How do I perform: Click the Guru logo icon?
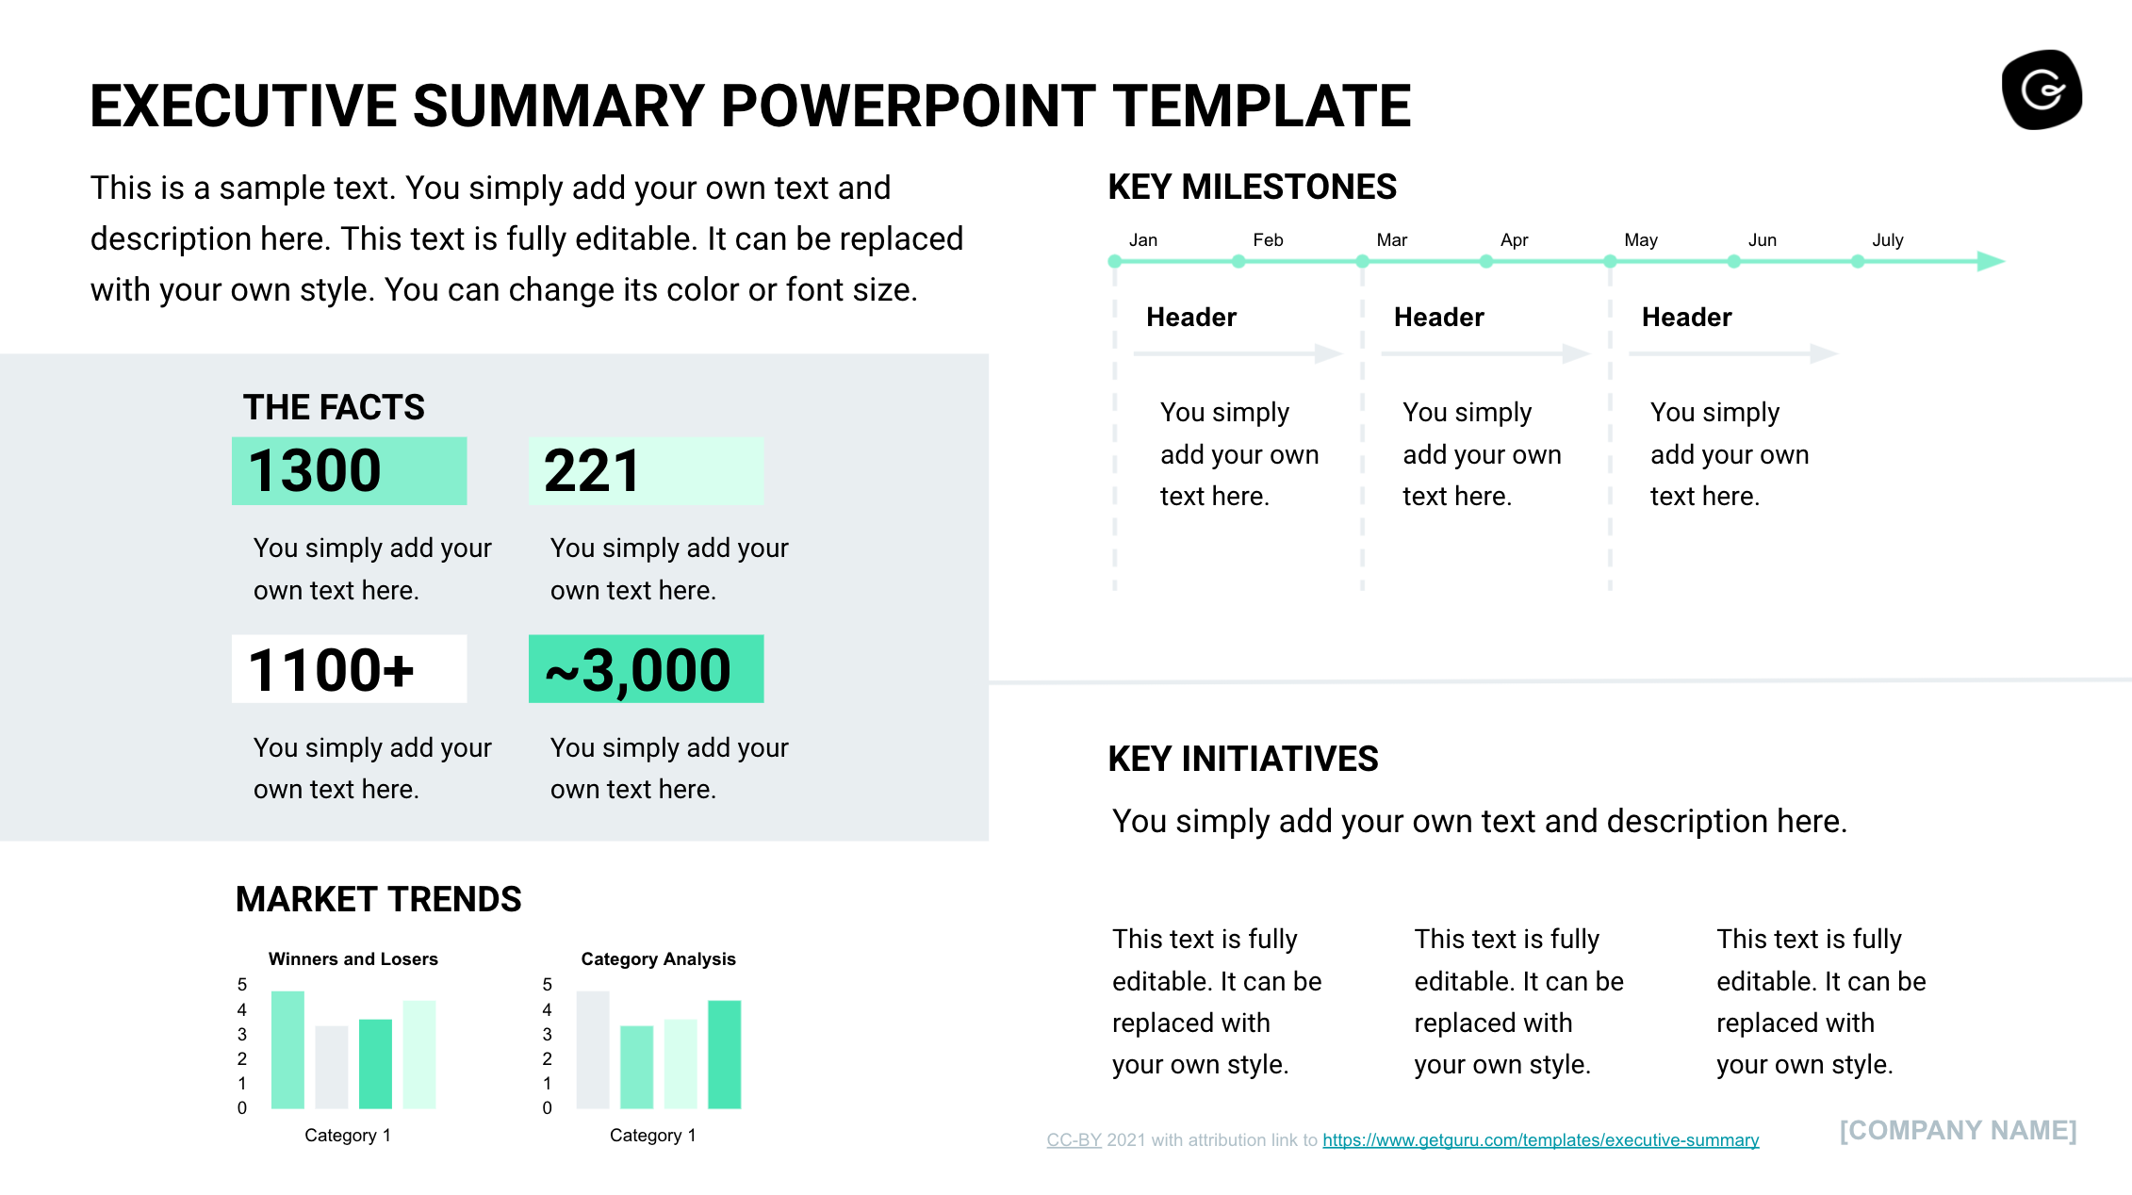[x=2042, y=90]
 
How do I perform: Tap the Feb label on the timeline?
[x=1268, y=240]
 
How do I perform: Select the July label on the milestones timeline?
[x=1887, y=240]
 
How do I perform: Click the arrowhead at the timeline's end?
[x=1990, y=261]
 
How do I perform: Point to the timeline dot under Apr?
[x=1486, y=262]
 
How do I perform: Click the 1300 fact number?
[x=315, y=471]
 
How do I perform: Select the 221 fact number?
[x=592, y=471]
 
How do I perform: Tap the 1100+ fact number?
[x=331, y=670]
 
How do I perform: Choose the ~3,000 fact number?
[x=638, y=670]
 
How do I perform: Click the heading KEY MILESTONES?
[x=1252, y=188]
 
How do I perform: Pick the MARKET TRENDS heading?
[x=378, y=900]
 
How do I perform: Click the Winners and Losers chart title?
[x=353, y=959]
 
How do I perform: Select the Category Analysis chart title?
[x=658, y=959]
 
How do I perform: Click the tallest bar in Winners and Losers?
[x=287, y=1049]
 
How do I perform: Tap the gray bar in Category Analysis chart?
[x=593, y=1049]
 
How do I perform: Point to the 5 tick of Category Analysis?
[x=547, y=985]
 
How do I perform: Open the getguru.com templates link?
[x=1540, y=1140]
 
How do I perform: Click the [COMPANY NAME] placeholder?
[x=1958, y=1131]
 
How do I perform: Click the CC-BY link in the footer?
[x=1074, y=1140]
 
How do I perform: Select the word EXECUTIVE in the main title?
[x=242, y=106]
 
